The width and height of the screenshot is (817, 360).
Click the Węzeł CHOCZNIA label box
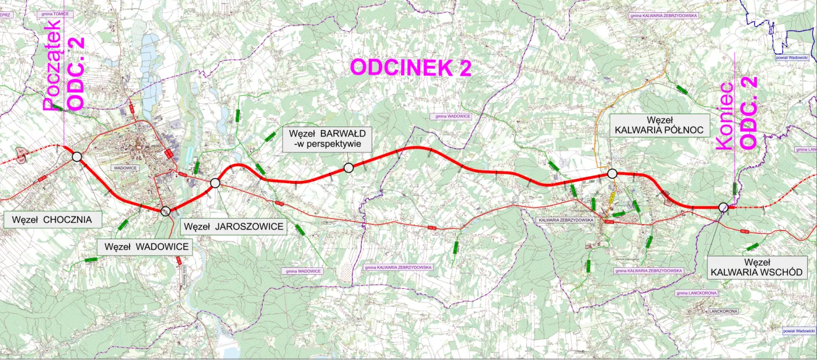(53, 219)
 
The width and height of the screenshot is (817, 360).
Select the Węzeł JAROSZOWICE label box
(233, 226)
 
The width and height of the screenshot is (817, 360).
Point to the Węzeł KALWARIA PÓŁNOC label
(659, 125)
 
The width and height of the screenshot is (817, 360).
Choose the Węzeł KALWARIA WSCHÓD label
(757, 267)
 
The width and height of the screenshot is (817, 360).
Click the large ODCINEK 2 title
(410, 68)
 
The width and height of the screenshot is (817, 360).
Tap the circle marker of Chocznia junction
(76, 156)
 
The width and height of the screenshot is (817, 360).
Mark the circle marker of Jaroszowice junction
(215, 183)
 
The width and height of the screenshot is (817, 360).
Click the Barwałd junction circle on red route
(348, 168)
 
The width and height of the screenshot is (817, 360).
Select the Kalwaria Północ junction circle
(612, 173)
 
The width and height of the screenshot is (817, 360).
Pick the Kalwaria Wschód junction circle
(723, 207)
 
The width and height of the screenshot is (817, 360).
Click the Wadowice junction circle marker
(165, 211)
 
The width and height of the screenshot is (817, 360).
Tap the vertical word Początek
(52, 65)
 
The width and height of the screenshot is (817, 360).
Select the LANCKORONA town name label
(723, 311)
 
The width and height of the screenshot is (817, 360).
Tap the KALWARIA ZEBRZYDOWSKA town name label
(565, 220)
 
